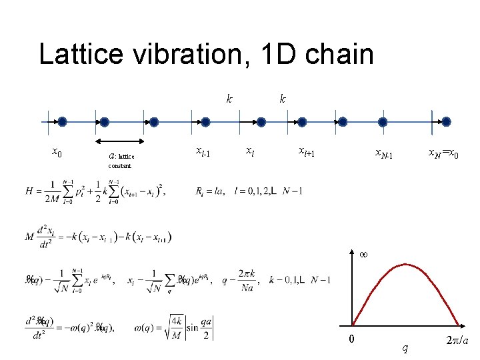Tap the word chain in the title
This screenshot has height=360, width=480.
[x=337, y=54]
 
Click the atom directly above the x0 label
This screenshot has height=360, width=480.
[x=62, y=122]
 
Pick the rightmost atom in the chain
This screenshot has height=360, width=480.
[x=446, y=122]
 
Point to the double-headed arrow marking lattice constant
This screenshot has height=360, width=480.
[x=120, y=141]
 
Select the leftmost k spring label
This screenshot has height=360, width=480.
[x=229, y=99]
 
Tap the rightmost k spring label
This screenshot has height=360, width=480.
[x=283, y=99]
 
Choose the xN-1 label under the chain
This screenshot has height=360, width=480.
[x=383, y=155]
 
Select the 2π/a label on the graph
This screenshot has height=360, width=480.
[x=456, y=341]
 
